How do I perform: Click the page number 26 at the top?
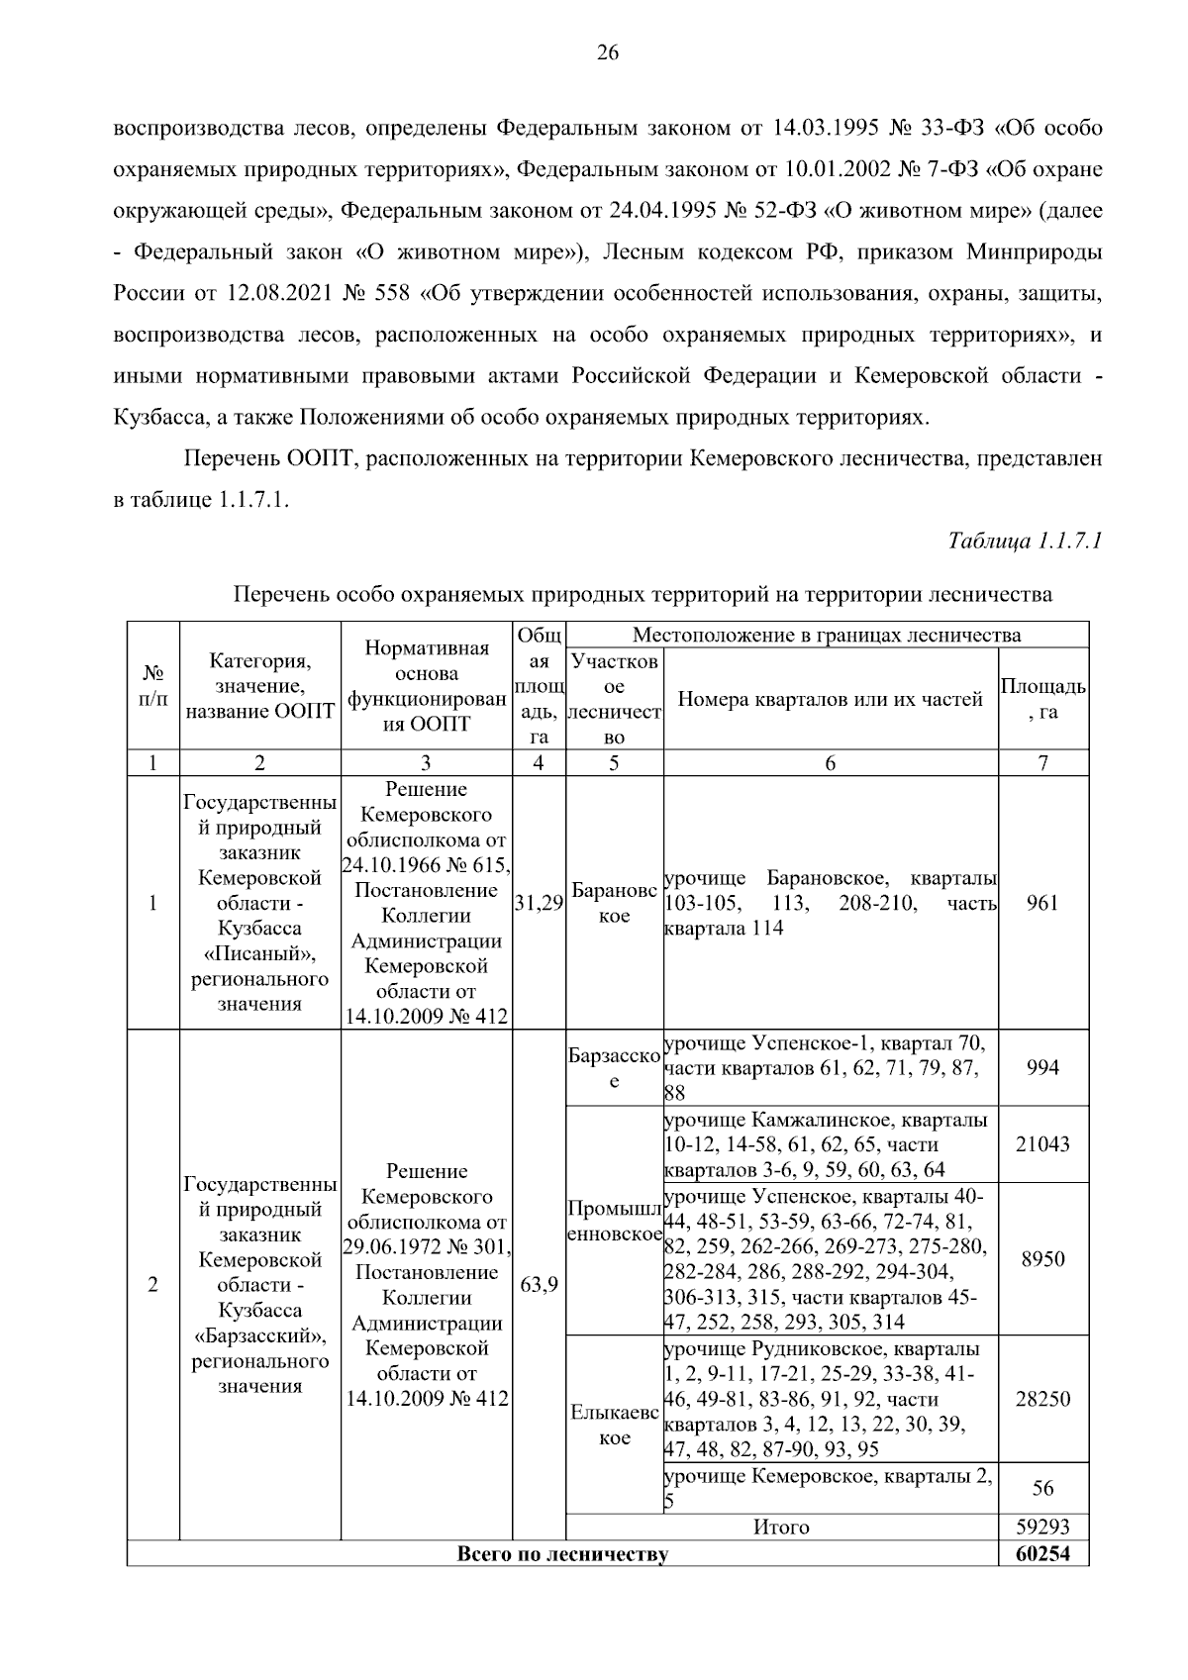click(607, 53)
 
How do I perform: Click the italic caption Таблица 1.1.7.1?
click(1025, 542)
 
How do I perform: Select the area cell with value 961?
click(1042, 903)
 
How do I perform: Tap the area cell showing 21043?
click(1042, 1144)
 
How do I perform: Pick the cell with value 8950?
click(1042, 1259)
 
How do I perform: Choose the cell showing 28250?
click(1042, 1399)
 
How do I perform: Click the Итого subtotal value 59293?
click(1042, 1528)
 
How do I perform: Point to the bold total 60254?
click(1042, 1553)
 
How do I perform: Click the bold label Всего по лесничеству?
click(562, 1553)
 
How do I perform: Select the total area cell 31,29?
click(539, 903)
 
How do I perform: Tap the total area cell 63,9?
click(539, 1285)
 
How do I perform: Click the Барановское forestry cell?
click(614, 903)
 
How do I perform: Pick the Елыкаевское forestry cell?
click(614, 1426)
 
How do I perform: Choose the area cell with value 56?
click(1042, 1488)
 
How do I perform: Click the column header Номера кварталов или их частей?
click(830, 699)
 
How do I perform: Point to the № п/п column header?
click(152, 685)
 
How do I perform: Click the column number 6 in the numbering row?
click(830, 762)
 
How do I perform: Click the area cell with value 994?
click(1042, 1067)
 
